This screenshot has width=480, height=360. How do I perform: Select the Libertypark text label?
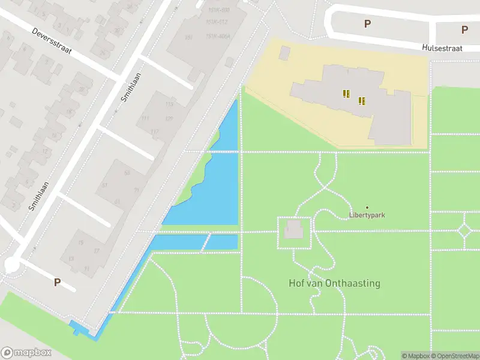point(367,215)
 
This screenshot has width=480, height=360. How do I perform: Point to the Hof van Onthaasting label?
point(334,283)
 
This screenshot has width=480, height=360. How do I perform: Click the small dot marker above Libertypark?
point(367,208)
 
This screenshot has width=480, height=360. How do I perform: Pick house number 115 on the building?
point(169,104)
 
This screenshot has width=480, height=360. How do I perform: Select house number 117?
point(155,132)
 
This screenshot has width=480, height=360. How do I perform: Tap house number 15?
point(80,242)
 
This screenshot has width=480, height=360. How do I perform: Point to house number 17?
point(96,251)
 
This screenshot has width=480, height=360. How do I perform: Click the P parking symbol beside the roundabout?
point(58,282)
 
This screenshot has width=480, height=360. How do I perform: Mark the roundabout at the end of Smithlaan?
point(11,264)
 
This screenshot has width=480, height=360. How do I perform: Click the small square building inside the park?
point(293,229)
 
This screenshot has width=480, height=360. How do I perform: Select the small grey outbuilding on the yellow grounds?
point(284,53)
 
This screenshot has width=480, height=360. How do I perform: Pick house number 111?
point(145,118)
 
